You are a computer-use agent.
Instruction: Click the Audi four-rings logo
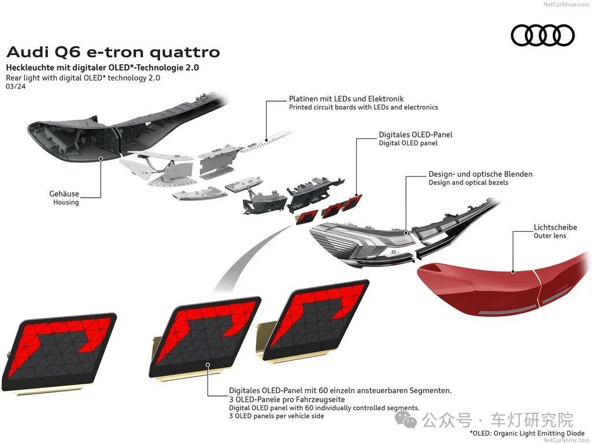542,35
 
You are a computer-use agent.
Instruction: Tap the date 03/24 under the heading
16,87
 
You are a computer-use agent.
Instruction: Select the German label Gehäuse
64,194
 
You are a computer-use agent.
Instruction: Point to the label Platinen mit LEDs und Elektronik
346,99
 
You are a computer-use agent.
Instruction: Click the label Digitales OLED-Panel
416,135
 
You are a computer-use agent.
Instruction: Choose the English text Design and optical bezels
468,183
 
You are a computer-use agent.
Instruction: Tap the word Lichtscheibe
555,228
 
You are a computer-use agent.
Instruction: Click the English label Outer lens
550,236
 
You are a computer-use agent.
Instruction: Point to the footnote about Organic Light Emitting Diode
527,433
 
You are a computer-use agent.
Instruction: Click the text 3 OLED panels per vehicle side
276,416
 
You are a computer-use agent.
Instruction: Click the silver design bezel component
358,243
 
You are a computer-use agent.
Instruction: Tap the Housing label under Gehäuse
66,202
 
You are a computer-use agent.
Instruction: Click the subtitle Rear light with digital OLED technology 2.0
83,78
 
